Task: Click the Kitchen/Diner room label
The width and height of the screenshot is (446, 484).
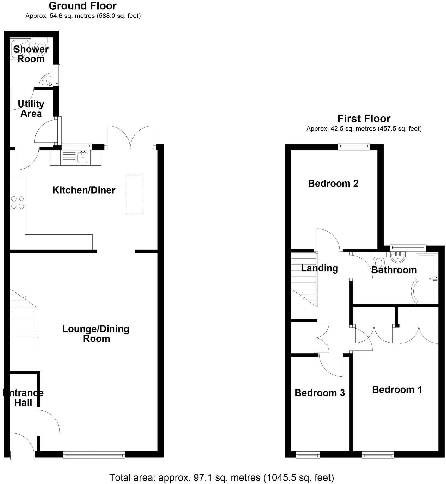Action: pyautogui.click(x=84, y=190)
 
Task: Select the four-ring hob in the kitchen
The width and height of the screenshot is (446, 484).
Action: pyautogui.click(x=18, y=203)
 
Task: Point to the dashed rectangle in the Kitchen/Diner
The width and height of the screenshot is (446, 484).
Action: pyautogui.click(x=134, y=194)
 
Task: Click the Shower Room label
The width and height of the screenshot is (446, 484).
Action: pyautogui.click(x=31, y=54)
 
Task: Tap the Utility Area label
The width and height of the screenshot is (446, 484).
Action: pyautogui.click(x=31, y=109)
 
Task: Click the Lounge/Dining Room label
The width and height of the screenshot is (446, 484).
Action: pyautogui.click(x=96, y=334)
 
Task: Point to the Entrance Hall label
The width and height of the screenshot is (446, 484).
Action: pyautogui.click(x=23, y=398)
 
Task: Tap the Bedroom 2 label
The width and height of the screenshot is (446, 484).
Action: pyautogui.click(x=333, y=184)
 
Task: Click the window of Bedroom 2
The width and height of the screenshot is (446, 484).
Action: pyautogui.click(x=354, y=147)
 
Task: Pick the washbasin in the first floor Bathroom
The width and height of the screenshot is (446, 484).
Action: pyautogui.click(x=398, y=257)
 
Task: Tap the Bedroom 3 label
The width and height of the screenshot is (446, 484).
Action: pyautogui.click(x=320, y=393)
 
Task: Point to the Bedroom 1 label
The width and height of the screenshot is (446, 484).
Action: pyautogui.click(x=397, y=390)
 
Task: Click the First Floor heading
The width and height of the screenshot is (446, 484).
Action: pyautogui.click(x=364, y=119)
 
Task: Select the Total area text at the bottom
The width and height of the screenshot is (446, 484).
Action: pyautogui.click(x=221, y=477)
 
